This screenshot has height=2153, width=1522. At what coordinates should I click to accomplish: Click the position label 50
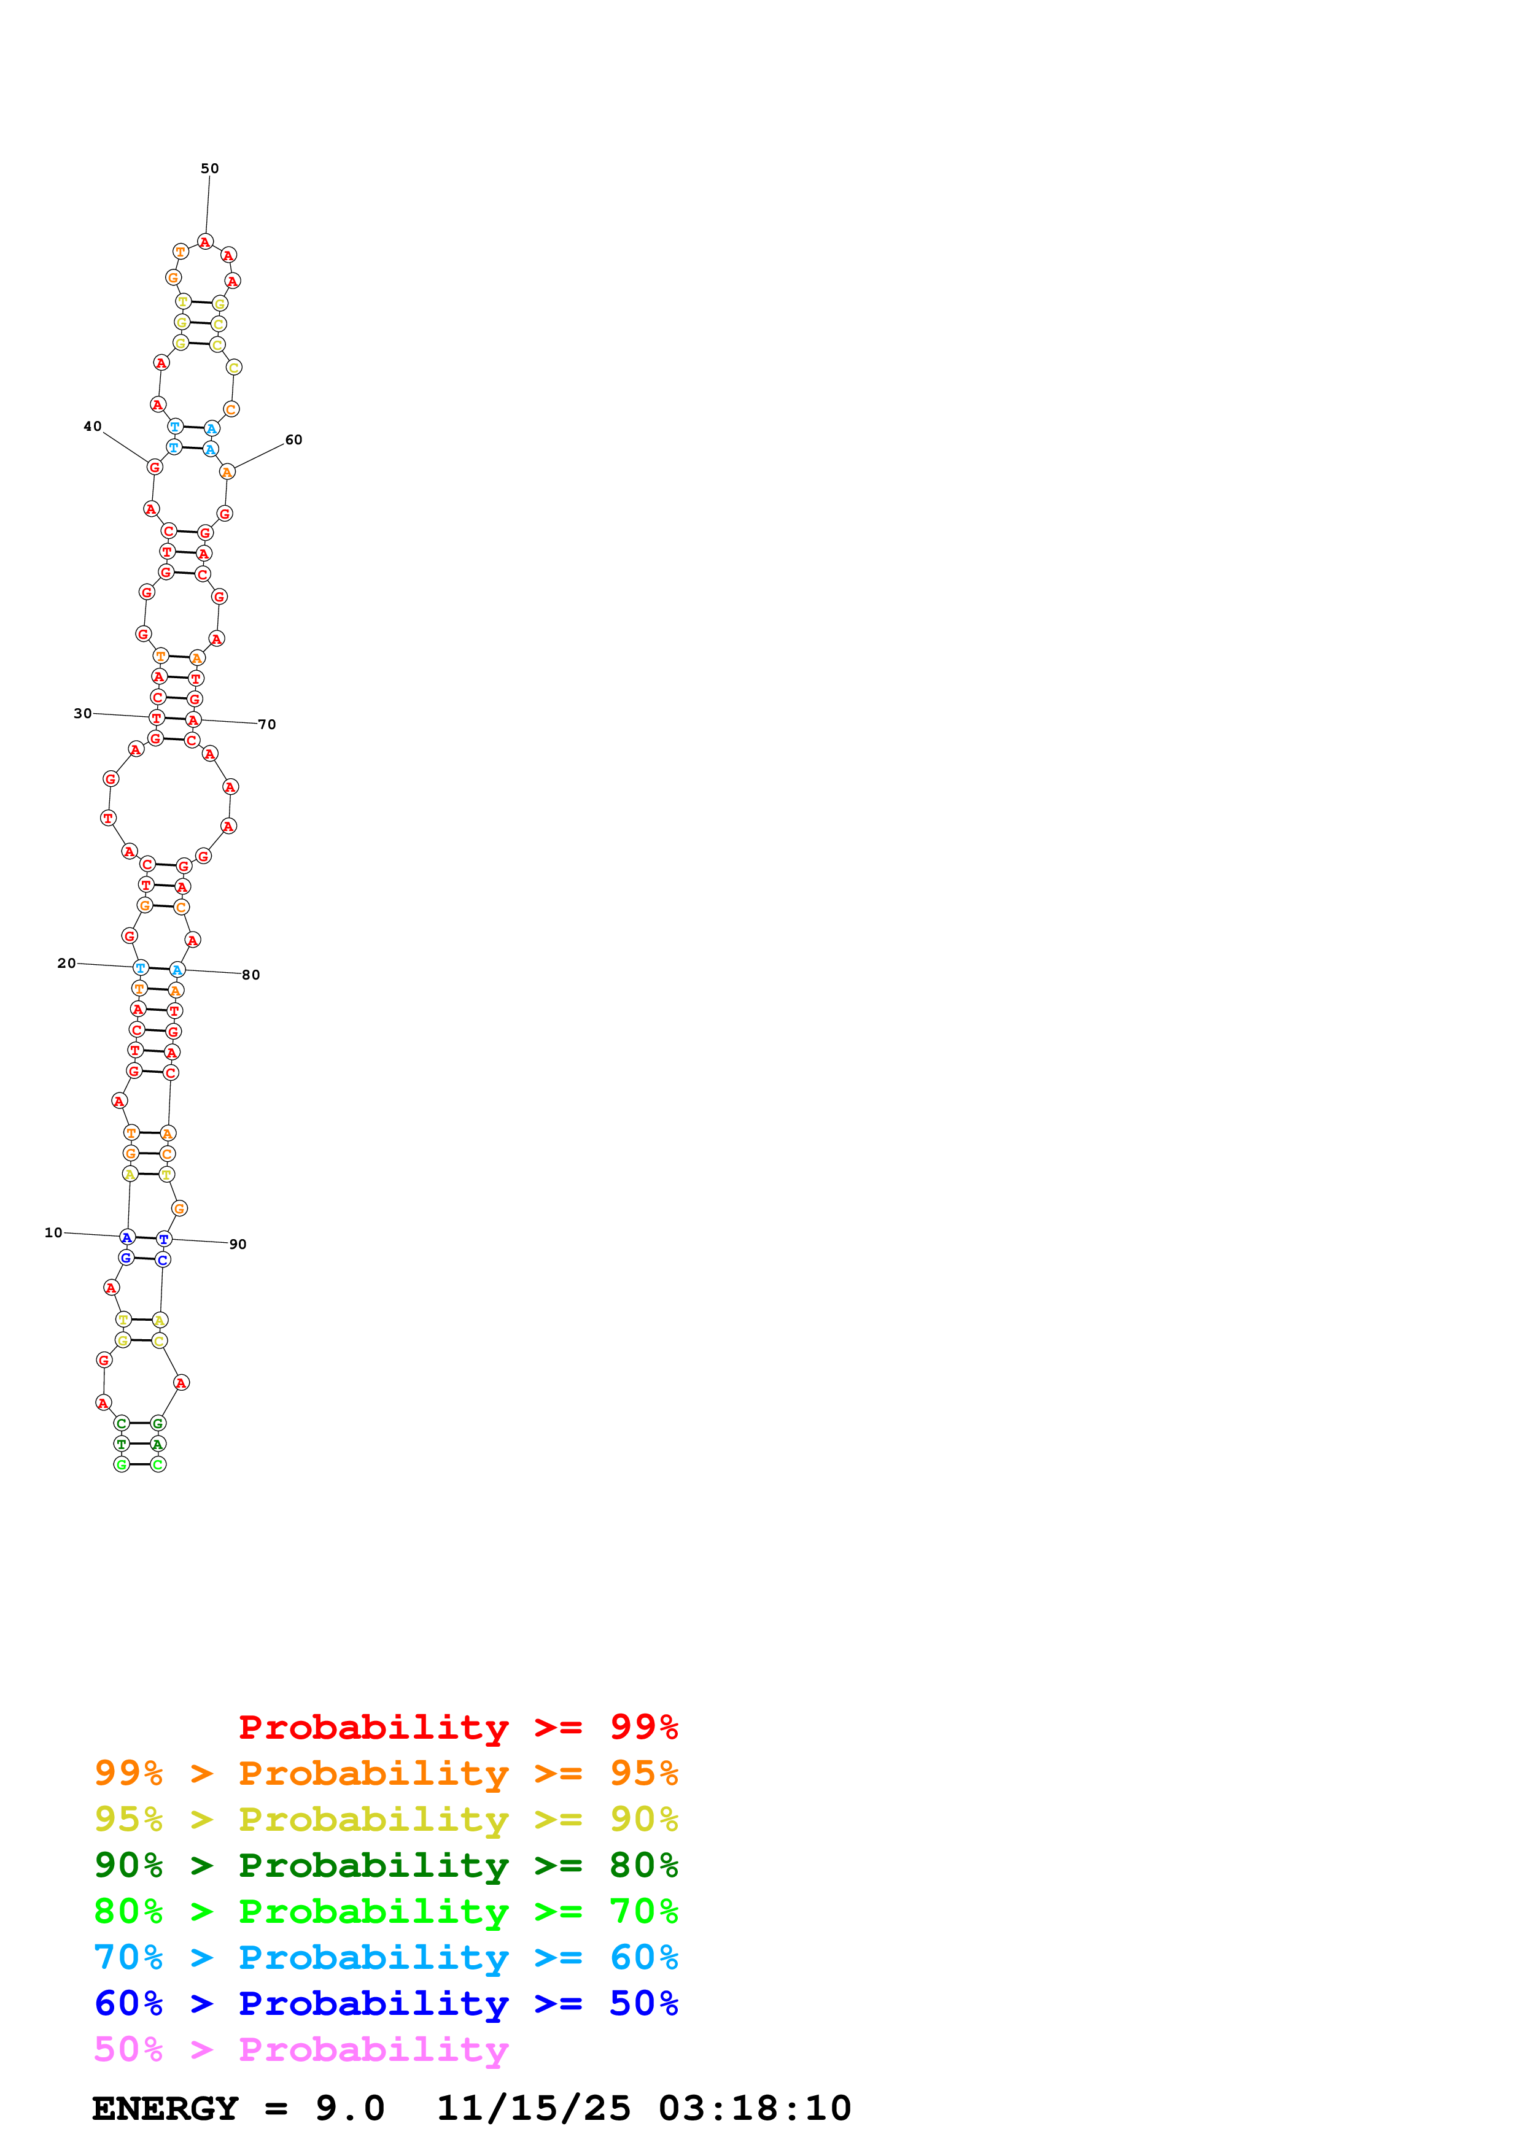[209, 169]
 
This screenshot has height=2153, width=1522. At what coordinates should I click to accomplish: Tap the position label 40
[92, 427]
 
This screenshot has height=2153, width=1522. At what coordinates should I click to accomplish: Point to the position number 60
[293, 440]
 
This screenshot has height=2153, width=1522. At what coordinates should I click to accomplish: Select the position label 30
[82, 714]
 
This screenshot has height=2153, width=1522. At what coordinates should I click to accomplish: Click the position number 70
[267, 724]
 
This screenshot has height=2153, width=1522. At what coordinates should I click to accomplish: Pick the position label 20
[66, 963]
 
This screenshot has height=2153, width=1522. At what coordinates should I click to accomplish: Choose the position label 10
[53, 1232]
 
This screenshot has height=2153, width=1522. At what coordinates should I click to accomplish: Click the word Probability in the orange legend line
[373, 1773]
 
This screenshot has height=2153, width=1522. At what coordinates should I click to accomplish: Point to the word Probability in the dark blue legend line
[373, 2003]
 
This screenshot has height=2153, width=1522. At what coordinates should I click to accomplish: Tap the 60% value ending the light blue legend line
[643, 1957]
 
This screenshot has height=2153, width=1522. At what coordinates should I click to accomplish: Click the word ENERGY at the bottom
[165, 2108]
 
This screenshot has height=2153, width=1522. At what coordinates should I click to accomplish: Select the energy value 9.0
[350, 2108]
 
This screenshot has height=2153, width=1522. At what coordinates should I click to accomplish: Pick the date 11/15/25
[534, 2108]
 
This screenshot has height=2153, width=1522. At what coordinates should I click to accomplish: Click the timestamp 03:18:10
[755, 2108]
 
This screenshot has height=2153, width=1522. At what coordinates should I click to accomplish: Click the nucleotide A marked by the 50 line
[206, 242]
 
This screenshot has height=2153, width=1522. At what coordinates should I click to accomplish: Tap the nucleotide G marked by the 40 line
[155, 467]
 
